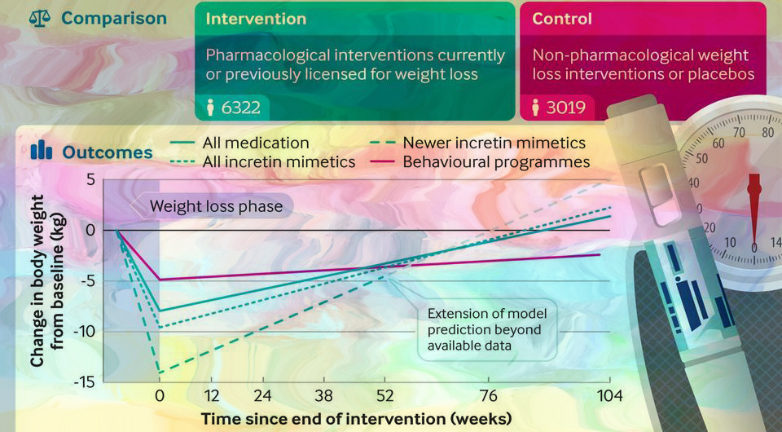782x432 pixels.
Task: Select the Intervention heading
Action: coord(256,18)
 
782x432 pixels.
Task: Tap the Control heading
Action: coord(562,18)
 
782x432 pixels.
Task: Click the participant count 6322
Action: coord(244,107)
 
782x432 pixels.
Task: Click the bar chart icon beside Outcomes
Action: coord(41,151)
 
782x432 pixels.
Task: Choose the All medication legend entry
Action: coord(261,143)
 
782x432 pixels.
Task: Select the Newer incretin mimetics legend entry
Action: coord(494,143)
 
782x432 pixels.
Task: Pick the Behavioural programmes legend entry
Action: coord(496,162)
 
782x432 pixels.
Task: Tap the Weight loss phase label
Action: coord(215,206)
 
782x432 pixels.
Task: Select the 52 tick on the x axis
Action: coord(384,397)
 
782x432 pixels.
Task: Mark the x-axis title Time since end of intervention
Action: coord(357,418)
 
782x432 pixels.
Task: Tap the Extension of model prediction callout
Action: coord(487,330)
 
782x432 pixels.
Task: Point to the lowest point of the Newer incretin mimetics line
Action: coord(160,372)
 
